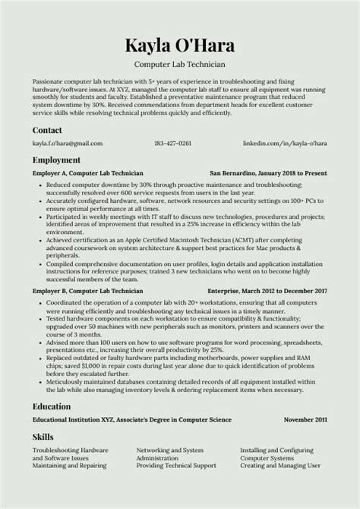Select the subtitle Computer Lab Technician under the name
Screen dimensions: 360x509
click(x=179, y=65)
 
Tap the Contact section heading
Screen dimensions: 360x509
click(x=47, y=130)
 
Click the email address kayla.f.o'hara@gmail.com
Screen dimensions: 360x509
click(x=68, y=143)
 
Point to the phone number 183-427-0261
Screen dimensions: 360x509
click(x=172, y=143)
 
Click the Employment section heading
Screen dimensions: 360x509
click(x=56, y=160)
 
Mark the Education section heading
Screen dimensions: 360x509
click(x=52, y=406)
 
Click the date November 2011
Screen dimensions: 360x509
click(x=305, y=419)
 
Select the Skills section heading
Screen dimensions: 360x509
click(x=43, y=437)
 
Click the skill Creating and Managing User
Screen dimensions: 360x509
click(x=278, y=466)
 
